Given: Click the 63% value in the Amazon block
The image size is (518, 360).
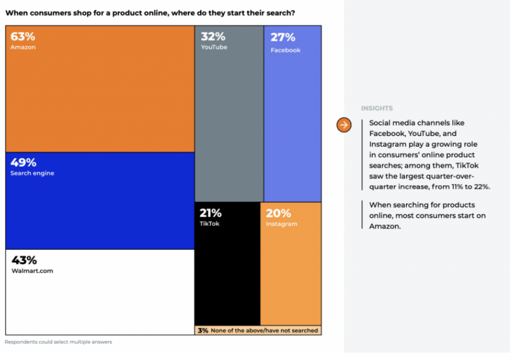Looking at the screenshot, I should (x=22, y=37).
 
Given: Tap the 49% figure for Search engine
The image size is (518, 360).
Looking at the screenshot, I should (x=23, y=163).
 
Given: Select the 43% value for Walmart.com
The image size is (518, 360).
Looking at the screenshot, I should (x=23, y=260).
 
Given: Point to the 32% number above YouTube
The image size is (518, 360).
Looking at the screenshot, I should (x=212, y=37).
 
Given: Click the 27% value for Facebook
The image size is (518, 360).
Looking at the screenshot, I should (x=283, y=38).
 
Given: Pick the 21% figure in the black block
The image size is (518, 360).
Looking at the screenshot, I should (x=211, y=213).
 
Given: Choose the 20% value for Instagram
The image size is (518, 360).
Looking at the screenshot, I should (x=278, y=213).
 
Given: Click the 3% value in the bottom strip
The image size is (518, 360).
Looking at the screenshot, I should (x=202, y=331).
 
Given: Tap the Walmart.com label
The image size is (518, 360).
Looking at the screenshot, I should (x=32, y=271).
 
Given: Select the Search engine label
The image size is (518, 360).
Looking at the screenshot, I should (x=32, y=173).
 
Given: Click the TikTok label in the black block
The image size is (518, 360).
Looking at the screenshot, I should (x=209, y=224).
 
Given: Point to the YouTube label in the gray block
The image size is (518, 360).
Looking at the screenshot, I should (x=214, y=48).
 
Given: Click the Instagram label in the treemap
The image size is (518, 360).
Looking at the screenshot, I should (x=282, y=224).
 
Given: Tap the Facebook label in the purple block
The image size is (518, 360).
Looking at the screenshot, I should (x=286, y=50).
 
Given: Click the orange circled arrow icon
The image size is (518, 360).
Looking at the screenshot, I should (x=344, y=125).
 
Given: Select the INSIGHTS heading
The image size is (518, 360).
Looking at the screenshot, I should (x=377, y=108).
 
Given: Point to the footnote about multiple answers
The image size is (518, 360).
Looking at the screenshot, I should (x=59, y=342).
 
